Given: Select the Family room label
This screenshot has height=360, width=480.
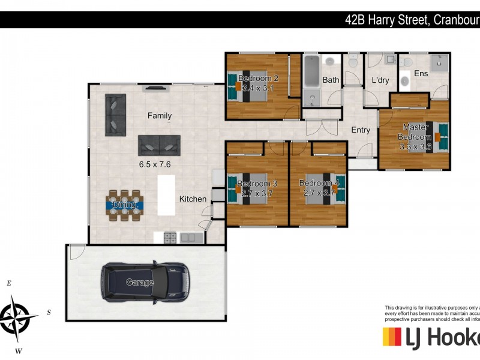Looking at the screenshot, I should coord(160,116).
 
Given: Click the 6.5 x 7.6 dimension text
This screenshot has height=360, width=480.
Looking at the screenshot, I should coord(155,164).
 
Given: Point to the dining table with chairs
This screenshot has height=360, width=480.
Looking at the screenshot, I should coord(125,205).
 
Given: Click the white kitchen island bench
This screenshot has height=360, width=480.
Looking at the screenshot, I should coord(166,196).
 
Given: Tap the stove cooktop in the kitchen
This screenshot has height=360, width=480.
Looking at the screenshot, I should coord(170,238).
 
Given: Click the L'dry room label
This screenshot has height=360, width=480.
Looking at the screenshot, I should coord(381,80).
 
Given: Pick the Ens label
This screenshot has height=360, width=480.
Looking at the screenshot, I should coord(421,74).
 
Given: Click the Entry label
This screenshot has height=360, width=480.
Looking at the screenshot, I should coord(361,130).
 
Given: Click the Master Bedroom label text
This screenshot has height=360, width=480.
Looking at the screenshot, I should coord(415,131).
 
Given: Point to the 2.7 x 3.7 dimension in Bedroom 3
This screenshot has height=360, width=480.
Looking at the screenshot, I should coord(257,193).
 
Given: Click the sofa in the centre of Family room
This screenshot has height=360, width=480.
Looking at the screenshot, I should coord(159,145).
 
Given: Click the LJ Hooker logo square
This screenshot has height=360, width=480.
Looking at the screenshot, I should coord(392,337).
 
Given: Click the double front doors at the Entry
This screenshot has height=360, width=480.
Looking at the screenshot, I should coord(322,127).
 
